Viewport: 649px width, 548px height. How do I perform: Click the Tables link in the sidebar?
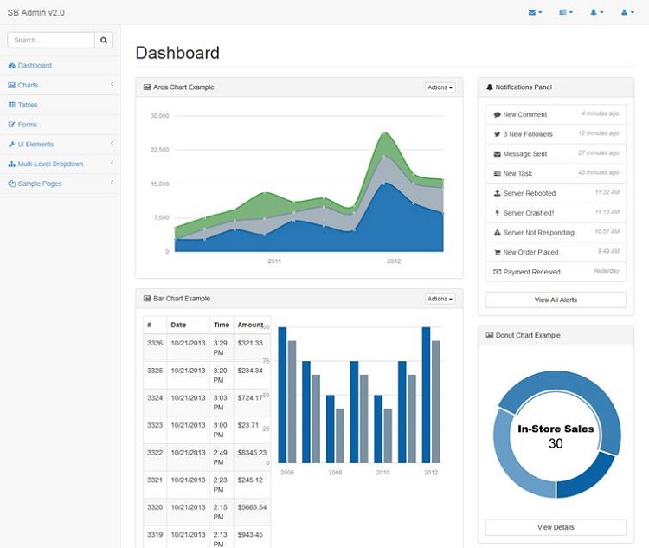click(28, 105)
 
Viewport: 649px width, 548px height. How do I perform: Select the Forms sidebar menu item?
click(28, 125)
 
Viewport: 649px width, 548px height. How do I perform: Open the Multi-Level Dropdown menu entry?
click(50, 164)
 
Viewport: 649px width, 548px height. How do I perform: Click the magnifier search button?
click(104, 40)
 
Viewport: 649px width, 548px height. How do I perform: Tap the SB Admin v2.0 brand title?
click(35, 13)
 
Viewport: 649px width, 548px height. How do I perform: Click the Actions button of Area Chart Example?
click(440, 87)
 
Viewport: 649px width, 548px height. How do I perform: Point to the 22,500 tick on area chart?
click(159, 149)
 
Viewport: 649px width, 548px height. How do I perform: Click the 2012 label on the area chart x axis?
click(394, 261)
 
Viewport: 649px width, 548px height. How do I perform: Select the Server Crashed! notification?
click(529, 213)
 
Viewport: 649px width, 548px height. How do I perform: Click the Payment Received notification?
click(531, 272)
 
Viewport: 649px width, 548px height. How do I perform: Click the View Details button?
click(556, 527)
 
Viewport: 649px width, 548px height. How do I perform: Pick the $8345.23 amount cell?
click(252, 453)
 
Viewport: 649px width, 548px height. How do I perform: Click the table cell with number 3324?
click(155, 398)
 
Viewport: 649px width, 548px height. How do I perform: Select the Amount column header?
click(250, 325)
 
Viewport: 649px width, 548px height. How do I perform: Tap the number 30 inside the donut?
click(556, 443)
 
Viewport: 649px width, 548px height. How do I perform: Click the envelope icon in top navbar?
click(534, 13)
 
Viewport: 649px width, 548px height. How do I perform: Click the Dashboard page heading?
click(177, 53)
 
